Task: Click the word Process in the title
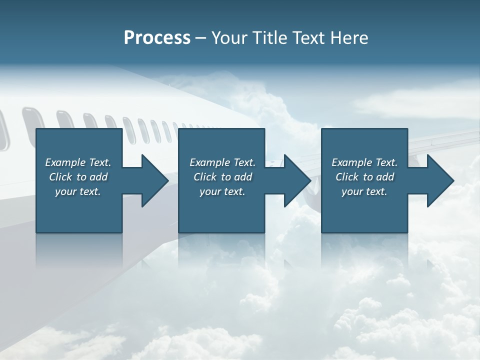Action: (x=157, y=38)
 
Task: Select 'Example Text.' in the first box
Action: (x=78, y=162)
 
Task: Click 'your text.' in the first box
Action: (x=78, y=191)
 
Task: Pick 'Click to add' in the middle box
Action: (x=222, y=177)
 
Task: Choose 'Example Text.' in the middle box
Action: (x=222, y=162)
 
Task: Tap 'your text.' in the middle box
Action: (x=222, y=191)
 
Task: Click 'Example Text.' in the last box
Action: (x=364, y=162)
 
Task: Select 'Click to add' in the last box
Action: (x=364, y=177)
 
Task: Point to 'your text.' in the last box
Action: (x=364, y=191)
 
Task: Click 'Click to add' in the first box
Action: (x=78, y=177)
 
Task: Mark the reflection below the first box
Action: (x=79, y=250)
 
